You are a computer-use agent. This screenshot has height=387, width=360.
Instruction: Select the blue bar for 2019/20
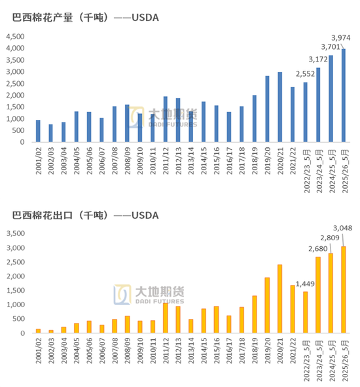coord(267,109)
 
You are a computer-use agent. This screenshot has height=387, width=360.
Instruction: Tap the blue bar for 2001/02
coord(37,131)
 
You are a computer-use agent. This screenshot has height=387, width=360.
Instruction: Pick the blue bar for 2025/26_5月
coord(344,96)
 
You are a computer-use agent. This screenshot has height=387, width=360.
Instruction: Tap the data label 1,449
coord(306,284)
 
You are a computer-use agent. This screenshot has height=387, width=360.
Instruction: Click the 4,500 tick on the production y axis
coord(15,37)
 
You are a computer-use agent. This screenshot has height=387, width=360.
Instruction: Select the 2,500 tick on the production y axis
coord(15,84)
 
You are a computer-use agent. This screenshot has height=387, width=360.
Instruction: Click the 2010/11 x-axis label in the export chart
coord(153,354)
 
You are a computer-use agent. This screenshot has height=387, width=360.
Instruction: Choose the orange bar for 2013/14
coord(191,326)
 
